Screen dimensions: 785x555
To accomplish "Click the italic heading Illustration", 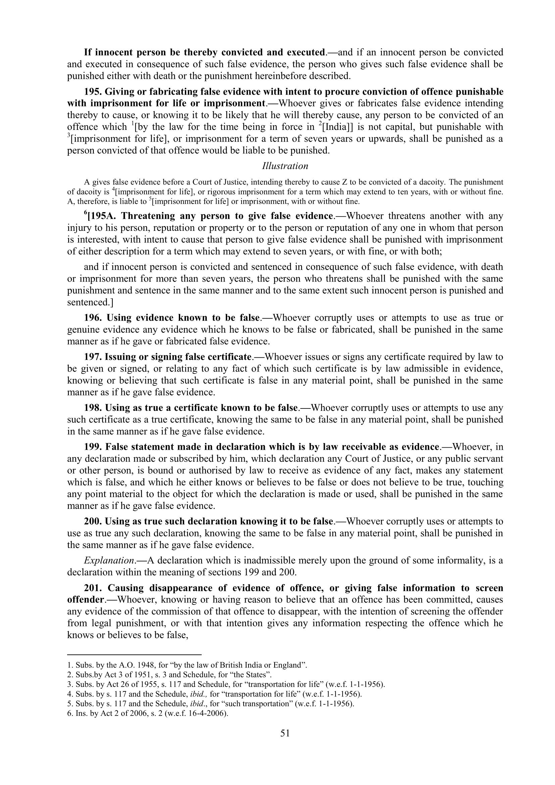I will pos(285,166).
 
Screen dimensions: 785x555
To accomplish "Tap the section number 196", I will pos(93,317).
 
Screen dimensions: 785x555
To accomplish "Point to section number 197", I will pos(93,357).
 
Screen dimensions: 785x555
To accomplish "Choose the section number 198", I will pos(93,408).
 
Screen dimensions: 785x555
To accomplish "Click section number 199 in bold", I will pos(93,447).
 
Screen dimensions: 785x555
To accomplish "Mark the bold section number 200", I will pos(93,522).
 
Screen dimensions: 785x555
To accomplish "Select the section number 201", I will pos(93,588).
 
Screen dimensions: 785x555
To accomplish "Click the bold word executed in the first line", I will pos(305,52).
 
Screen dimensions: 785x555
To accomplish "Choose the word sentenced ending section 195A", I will pos(88,302).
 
